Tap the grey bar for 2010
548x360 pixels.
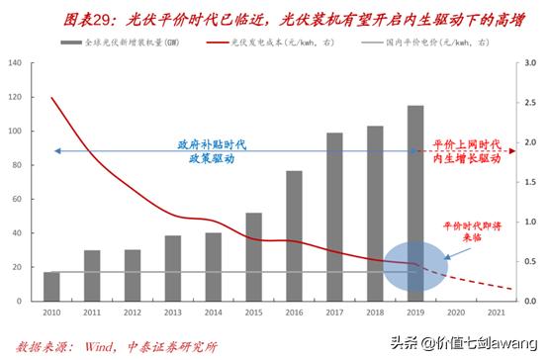pyautogui.click(x=51, y=284)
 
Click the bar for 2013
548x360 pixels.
pyautogui.click(x=173, y=265)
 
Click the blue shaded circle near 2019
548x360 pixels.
pyautogui.click(x=415, y=264)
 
